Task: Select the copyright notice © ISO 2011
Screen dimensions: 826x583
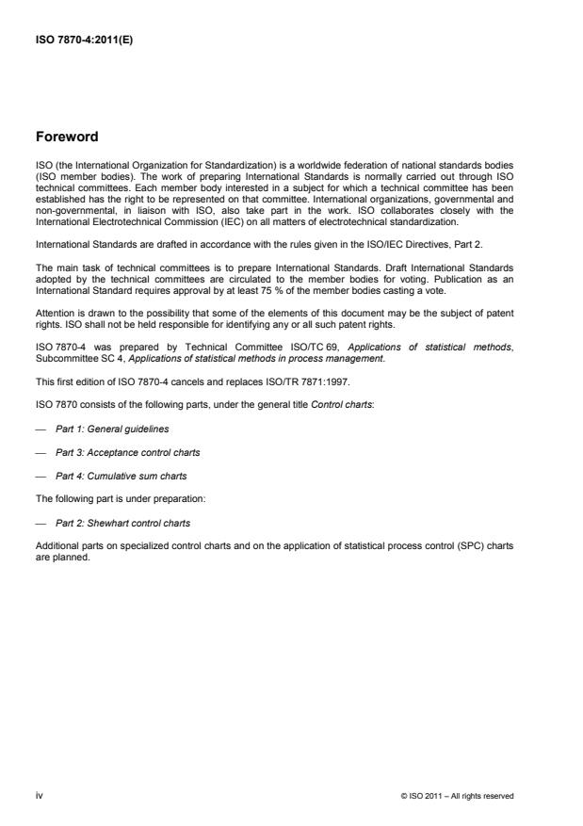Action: click(x=456, y=796)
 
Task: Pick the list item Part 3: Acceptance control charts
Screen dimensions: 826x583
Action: click(x=127, y=452)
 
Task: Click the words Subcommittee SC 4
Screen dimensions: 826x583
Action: click(x=78, y=359)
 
